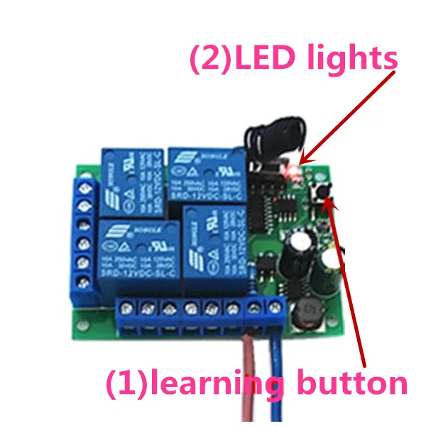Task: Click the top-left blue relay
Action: (133, 177)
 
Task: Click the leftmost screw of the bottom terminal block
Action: (129, 308)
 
